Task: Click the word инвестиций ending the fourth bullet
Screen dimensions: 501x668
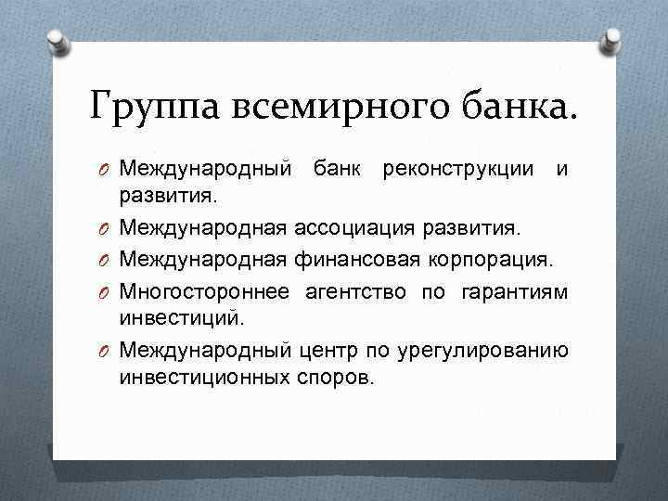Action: pyautogui.click(x=182, y=319)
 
